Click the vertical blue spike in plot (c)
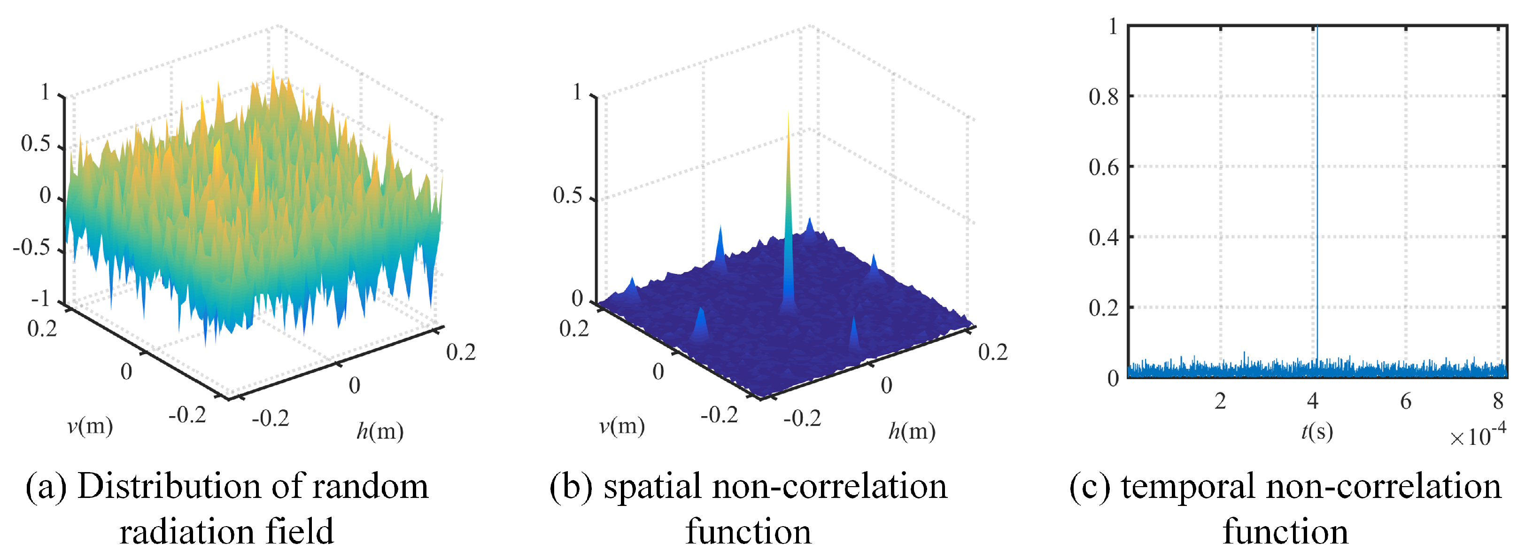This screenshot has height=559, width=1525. [x=1317, y=178]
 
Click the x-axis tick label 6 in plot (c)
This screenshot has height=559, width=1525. [x=1405, y=402]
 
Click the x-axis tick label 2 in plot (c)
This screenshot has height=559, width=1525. [x=1220, y=402]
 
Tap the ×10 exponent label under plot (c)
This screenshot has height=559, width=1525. [x=1478, y=436]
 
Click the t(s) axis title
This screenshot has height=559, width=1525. [x=1316, y=431]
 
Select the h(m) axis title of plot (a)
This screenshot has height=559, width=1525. [x=379, y=431]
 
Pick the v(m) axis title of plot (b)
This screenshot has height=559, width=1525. [x=622, y=426]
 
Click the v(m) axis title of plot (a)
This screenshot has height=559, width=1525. [x=90, y=426]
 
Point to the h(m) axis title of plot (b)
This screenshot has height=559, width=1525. [x=912, y=431]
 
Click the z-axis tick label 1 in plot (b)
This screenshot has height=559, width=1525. [x=577, y=93]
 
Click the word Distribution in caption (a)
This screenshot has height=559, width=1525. [x=169, y=487]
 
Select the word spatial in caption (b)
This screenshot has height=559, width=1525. [x=652, y=487]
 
